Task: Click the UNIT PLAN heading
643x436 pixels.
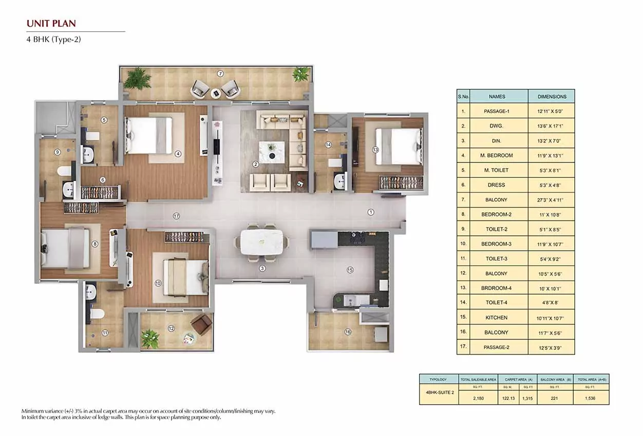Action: (51, 23)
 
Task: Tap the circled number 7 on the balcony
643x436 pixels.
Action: (220, 74)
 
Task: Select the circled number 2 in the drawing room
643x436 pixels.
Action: (255, 165)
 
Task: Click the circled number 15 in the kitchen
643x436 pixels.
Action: (350, 269)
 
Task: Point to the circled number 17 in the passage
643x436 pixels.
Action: (176, 216)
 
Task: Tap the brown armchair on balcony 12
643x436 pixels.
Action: (201, 324)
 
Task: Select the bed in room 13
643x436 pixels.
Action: (398, 146)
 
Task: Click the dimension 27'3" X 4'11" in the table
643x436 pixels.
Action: (552, 199)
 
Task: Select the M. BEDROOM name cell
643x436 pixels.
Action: (498, 155)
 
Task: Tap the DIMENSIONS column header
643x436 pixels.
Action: (552, 96)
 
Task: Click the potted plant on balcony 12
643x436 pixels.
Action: (150, 338)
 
